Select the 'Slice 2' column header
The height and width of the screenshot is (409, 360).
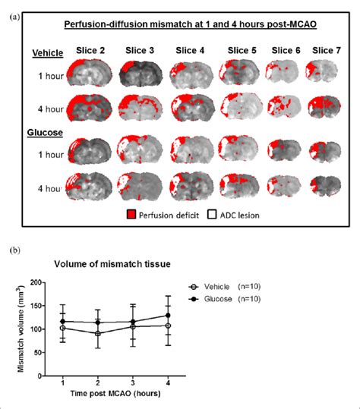click(90, 51)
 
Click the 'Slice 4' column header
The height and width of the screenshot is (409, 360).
click(190, 51)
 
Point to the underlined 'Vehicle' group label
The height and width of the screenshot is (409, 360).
click(47, 54)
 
